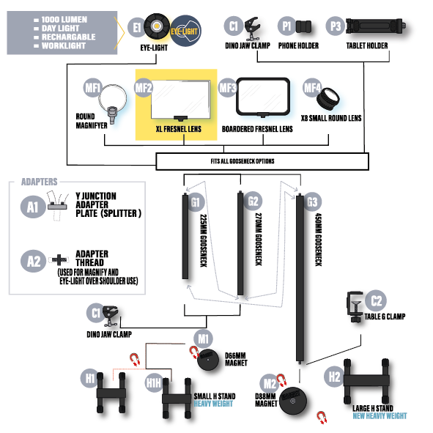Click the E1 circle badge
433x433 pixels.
pyautogui.click(x=137, y=28)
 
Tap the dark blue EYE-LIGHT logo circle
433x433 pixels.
pyautogui.click(x=185, y=31)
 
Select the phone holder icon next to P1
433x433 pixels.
pyautogui.click(x=303, y=27)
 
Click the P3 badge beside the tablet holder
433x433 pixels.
pyautogui.click(x=336, y=26)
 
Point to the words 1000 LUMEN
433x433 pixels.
pyautogui.click(x=64, y=20)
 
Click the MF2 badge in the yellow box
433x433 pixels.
pyautogui.click(x=144, y=88)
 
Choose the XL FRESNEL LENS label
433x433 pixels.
pyautogui.click(x=179, y=129)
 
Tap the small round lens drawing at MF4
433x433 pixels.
pyautogui.click(x=328, y=99)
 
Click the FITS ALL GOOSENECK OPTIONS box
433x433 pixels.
pyautogui.click(x=262, y=161)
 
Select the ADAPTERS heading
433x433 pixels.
pyautogui.click(x=40, y=182)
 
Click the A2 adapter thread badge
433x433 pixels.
pyautogui.click(x=33, y=261)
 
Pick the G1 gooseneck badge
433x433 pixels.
pyautogui.click(x=195, y=202)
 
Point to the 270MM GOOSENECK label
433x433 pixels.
pyautogui.click(x=259, y=239)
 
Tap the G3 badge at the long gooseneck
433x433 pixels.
pyautogui.click(x=312, y=202)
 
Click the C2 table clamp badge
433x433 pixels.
pyautogui.click(x=376, y=300)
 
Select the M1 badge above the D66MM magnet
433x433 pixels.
pyautogui.click(x=203, y=338)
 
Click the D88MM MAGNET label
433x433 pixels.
pyautogui.click(x=266, y=400)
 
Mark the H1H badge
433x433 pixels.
pyautogui.click(x=154, y=382)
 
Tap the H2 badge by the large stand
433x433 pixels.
pyautogui.click(x=334, y=377)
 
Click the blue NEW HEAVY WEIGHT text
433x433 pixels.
pyautogui.click(x=380, y=416)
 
